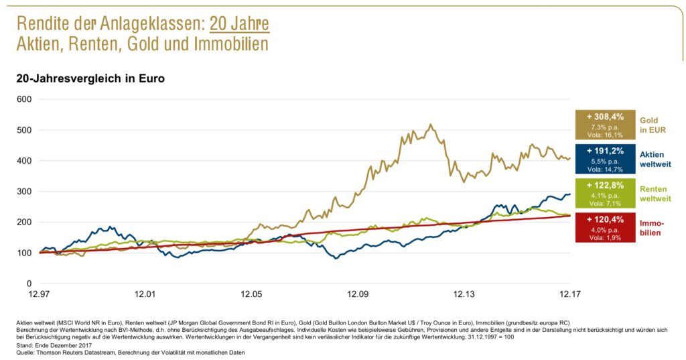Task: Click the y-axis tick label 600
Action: coord(24,99)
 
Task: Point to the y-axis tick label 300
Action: coord(24,192)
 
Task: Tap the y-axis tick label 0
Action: coord(29,284)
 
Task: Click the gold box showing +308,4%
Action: coord(605,125)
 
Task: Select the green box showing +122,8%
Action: coord(605,194)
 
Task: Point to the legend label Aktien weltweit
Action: coord(657,159)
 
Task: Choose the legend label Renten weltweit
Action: coord(657,194)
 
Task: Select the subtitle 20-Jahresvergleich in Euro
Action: coord(90,78)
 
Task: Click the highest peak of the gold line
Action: coord(431,124)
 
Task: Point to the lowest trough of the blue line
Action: coord(336,258)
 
